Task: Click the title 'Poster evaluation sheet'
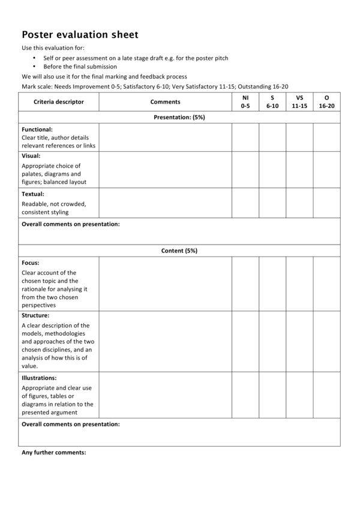click(80, 35)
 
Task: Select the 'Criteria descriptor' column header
click(59, 102)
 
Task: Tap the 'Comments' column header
click(165, 102)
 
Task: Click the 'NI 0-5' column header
click(245, 101)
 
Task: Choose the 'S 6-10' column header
click(272, 101)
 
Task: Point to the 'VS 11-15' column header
click(299, 101)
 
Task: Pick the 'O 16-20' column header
click(326, 101)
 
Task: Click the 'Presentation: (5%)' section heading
click(179, 118)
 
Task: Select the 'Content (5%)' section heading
click(179, 251)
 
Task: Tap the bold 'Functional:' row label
click(37, 129)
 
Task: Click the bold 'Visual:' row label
click(31, 156)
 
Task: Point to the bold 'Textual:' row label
click(33, 194)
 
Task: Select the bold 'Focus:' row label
click(31, 263)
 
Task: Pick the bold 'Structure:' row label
click(35, 315)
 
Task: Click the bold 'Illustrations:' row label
click(39, 378)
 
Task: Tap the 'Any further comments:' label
click(54, 453)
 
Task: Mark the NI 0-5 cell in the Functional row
click(245, 137)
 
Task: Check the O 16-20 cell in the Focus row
click(326, 284)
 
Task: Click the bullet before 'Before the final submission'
click(35, 67)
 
